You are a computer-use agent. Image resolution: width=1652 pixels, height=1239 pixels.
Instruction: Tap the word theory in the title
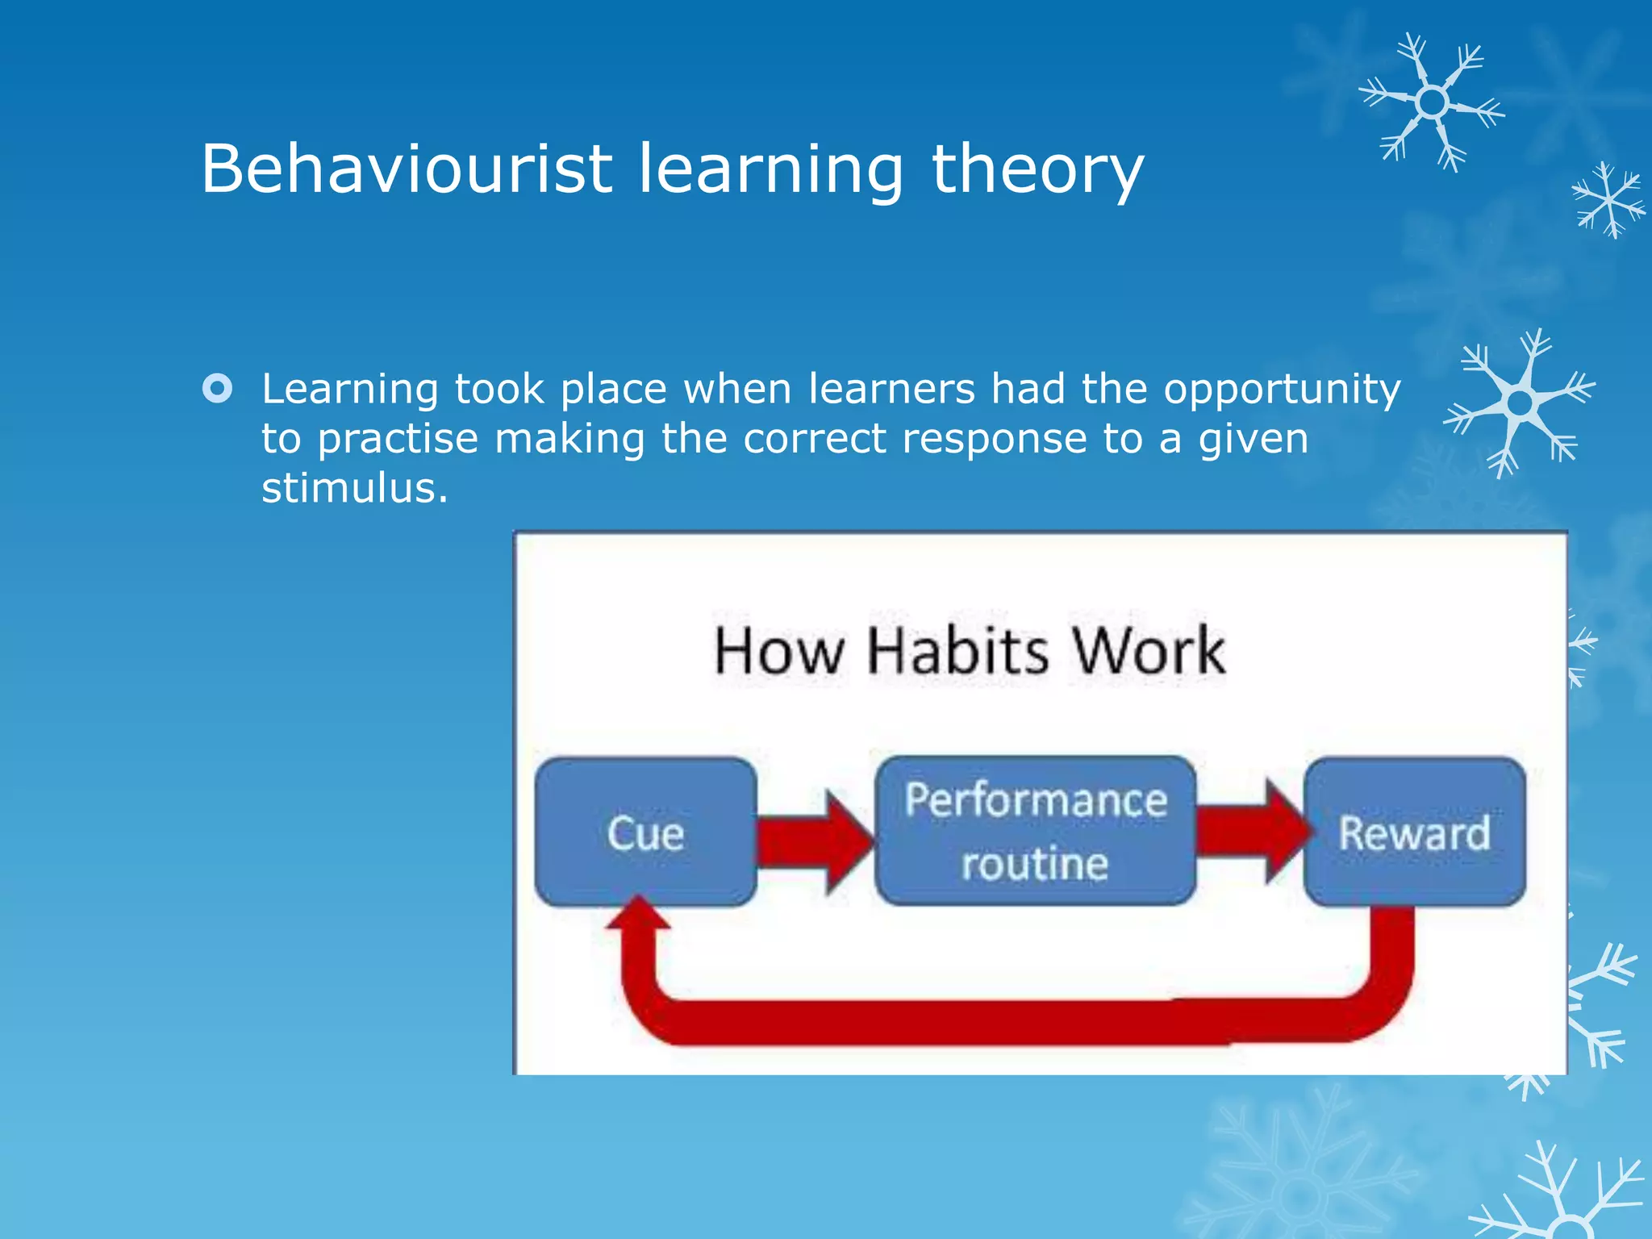click(1037, 170)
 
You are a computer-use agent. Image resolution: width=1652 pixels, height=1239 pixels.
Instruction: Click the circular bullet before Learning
click(218, 389)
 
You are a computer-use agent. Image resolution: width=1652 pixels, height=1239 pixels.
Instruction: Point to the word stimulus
click(353, 488)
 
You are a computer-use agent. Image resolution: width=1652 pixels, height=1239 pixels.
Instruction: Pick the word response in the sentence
click(994, 440)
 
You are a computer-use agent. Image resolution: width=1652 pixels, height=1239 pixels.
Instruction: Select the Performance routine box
click(1035, 831)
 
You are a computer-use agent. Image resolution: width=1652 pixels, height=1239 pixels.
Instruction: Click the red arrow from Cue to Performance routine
click(815, 841)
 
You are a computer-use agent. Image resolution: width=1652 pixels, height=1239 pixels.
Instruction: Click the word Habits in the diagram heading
click(957, 651)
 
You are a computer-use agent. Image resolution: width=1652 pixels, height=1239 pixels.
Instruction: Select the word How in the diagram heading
click(778, 651)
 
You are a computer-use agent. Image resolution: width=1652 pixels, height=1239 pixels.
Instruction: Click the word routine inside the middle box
click(1035, 864)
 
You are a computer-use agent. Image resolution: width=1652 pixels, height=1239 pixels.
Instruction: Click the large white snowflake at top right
click(1431, 102)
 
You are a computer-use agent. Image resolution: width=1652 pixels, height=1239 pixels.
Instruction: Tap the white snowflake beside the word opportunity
click(1519, 403)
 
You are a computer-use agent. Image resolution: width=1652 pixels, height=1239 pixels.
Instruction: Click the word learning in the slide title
click(770, 170)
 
